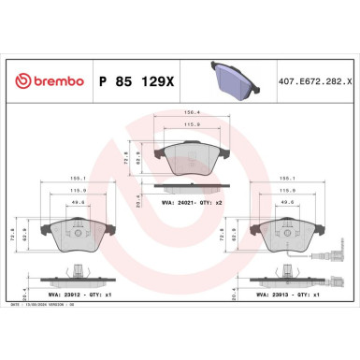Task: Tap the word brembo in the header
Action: point(52,80)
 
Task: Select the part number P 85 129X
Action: point(135,80)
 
